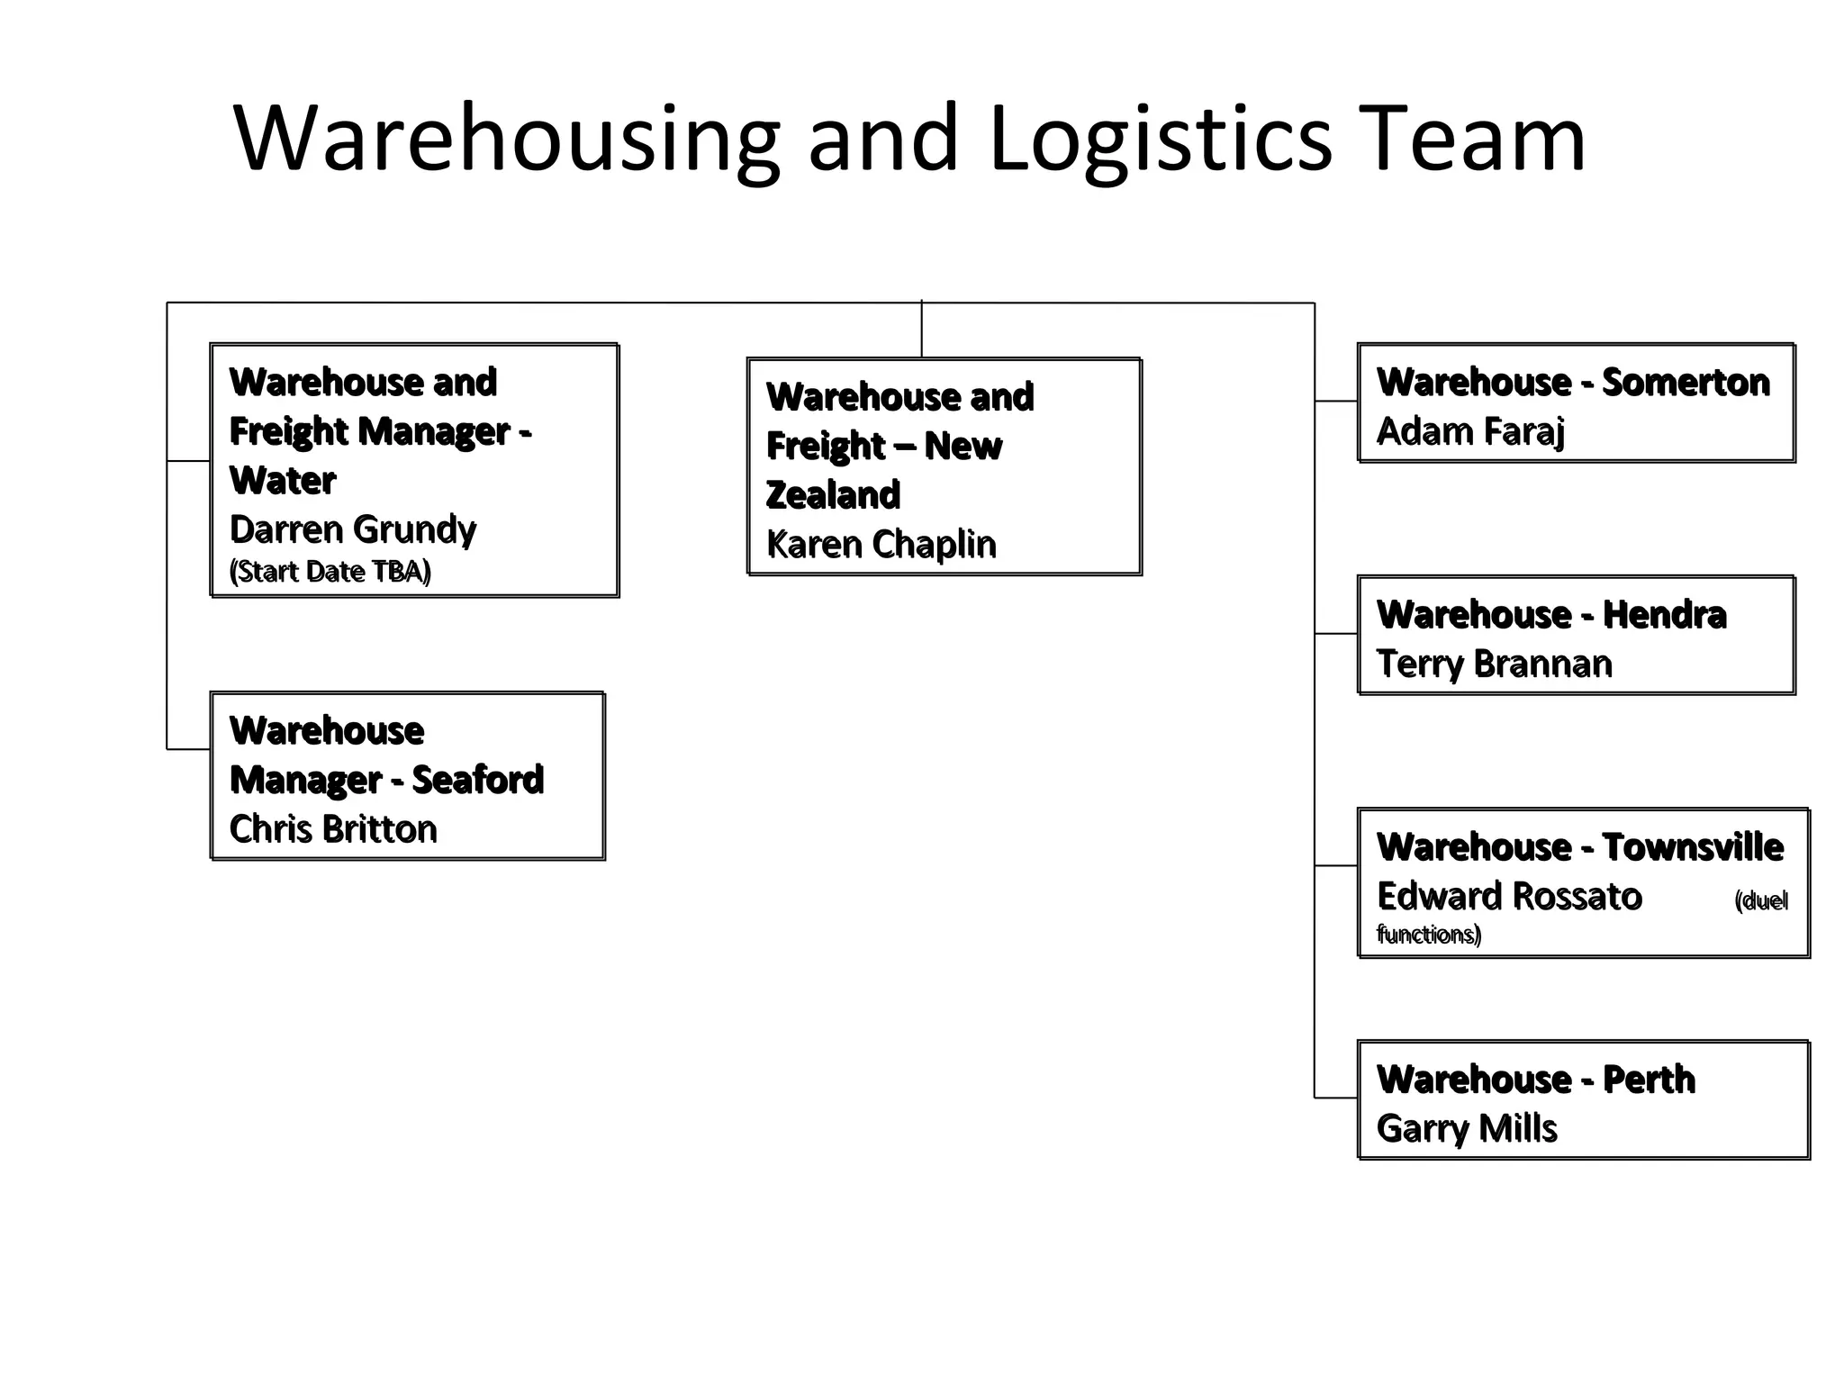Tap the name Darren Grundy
pyautogui.click(x=352, y=529)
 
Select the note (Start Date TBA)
pyautogui.click(x=330, y=572)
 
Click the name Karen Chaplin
pyautogui.click(x=881, y=545)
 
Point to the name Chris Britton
pyautogui.click(x=333, y=829)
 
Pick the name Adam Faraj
pyautogui.click(x=1470, y=432)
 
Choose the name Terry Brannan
pyautogui.click(x=1494, y=664)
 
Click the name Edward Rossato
pyautogui.click(x=1509, y=897)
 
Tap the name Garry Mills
pyautogui.click(x=1467, y=1129)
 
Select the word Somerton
pyautogui.click(x=1686, y=383)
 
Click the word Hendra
pyautogui.click(x=1664, y=615)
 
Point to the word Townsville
pyautogui.click(x=1693, y=847)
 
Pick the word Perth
pyautogui.click(x=1649, y=1080)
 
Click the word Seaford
pyautogui.click(x=477, y=780)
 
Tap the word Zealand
pyautogui.click(x=833, y=495)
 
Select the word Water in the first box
pyautogui.click(x=283, y=481)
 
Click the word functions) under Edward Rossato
pyautogui.click(x=1429, y=935)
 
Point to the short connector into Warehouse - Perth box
pyautogui.click(x=1336, y=1098)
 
